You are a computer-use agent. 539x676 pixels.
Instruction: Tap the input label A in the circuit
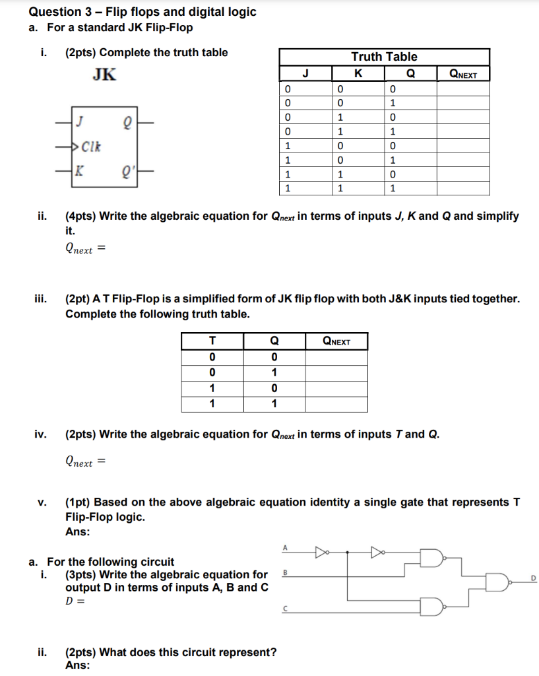coord(285,547)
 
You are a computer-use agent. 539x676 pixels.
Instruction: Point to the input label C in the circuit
coord(285,609)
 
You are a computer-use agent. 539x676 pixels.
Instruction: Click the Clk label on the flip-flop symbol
coord(90,145)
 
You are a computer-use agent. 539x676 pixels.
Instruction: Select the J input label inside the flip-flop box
coord(79,121)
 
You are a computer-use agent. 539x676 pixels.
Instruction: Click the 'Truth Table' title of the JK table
coord(384,57)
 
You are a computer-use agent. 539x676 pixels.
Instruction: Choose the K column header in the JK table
coord(357,73)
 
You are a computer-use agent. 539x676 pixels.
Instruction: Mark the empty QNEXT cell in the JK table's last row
coord(462,189)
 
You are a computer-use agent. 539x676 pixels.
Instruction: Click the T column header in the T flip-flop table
coord(212,341)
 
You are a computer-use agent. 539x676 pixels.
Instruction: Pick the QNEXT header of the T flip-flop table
coord(336,341)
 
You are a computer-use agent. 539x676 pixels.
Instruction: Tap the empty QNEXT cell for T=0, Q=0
coord(336,357)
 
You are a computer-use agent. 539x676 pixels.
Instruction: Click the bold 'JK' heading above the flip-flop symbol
coord(104,75)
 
